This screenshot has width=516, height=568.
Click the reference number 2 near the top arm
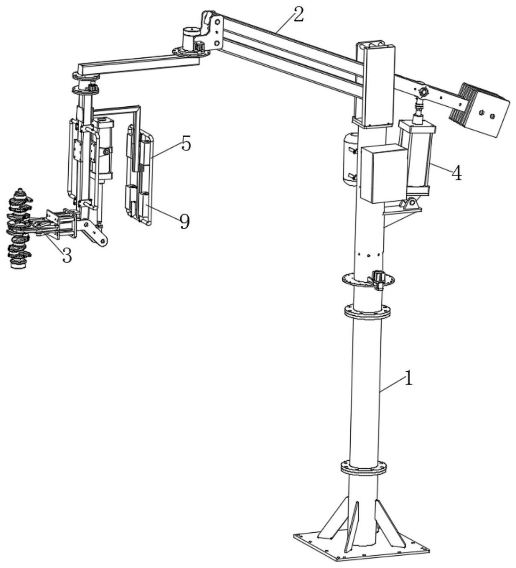298,15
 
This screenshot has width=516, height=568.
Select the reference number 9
185,222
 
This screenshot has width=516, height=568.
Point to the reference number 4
456,173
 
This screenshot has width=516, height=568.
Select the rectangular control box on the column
383,173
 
